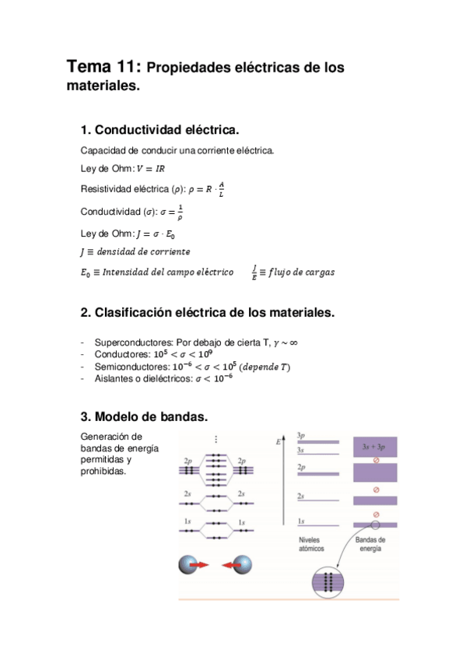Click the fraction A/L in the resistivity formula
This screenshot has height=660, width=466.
pos(221,189)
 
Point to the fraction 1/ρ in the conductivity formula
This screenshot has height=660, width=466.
pos(180,211)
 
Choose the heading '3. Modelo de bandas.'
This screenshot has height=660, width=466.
pos(144,416)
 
